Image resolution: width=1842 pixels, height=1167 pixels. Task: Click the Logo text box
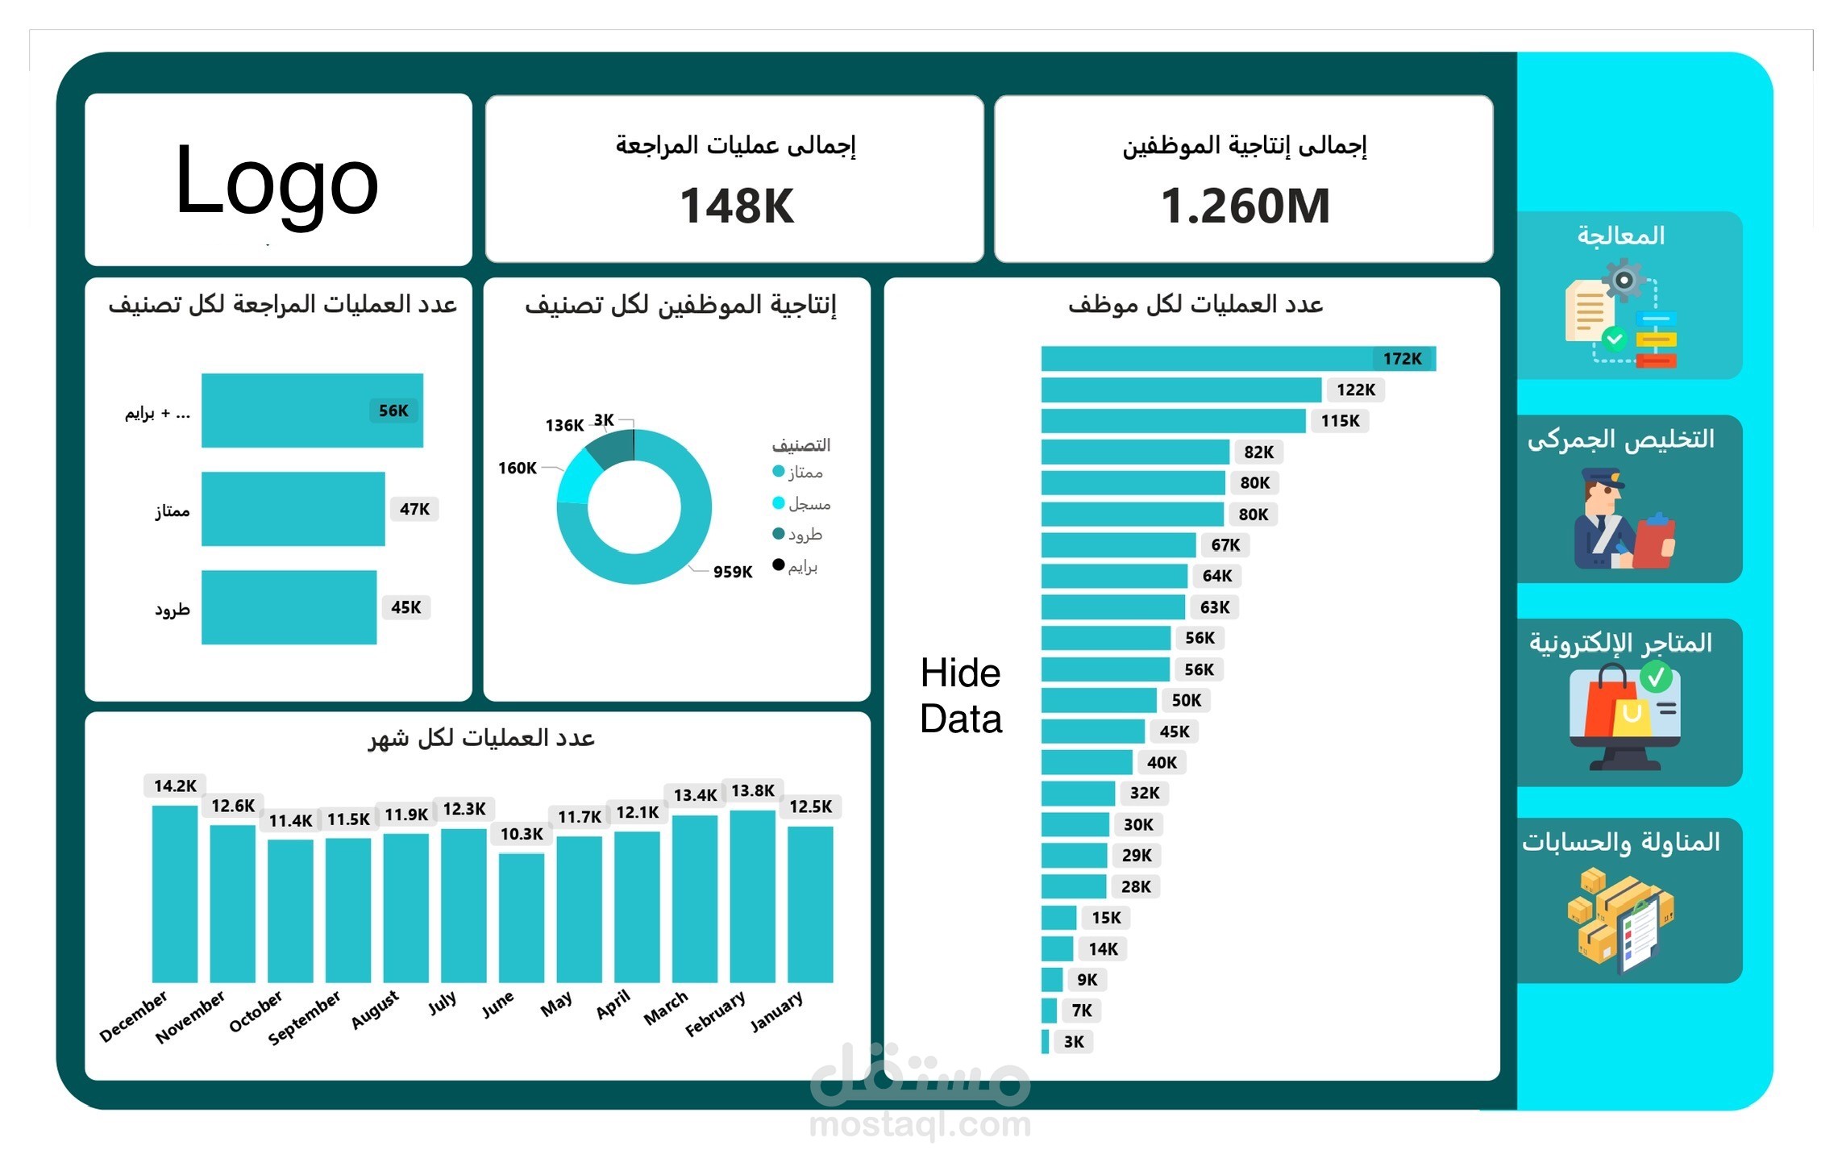click(277, 182)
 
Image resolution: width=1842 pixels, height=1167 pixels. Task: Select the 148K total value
click(736, 206)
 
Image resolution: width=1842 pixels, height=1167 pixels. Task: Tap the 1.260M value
click(1245, 206)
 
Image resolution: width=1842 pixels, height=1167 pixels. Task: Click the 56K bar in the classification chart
click(311, 410)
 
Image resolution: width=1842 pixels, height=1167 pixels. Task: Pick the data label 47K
click(414, 509)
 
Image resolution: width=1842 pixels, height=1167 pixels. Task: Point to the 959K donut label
click(732, 572)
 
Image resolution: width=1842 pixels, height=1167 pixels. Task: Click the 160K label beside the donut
click(517, 468)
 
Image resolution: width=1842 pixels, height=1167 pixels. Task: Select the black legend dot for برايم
click(778, 565)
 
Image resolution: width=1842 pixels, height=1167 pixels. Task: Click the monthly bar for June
click(521, 918)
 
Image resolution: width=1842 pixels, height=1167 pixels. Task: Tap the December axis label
click(133, 1016)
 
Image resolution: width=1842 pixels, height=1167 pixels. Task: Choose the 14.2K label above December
click(175, 786)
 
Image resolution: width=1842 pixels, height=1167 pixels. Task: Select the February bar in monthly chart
click(752, 895)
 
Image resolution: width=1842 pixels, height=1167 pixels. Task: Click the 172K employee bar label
click(1402, 358)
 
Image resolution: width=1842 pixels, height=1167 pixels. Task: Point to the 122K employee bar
click(1180, 390)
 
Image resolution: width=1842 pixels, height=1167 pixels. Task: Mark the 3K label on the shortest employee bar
click(1073, 1041)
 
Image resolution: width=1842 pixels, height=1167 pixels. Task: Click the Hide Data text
click(960, 695)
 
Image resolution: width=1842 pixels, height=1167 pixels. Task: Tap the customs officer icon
click(1622, 520)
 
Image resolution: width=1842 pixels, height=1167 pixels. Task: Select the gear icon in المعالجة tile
click(1623, 280)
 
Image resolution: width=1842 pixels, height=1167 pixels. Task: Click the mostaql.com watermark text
click(920, 1124)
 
